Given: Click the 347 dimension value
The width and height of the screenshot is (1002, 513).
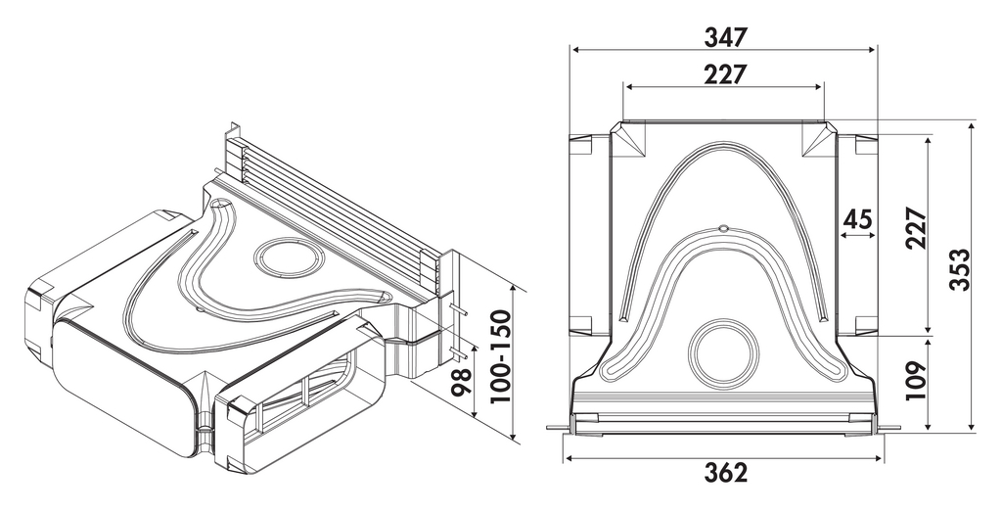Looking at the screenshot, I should coord(725,37).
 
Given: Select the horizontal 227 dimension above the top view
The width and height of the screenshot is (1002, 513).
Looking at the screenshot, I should coord(725,74).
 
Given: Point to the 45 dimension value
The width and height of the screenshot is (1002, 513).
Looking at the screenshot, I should coord(857,219).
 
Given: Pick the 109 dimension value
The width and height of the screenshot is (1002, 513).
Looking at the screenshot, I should coord(916,383).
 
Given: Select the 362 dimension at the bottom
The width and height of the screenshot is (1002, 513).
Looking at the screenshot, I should coord(725,472).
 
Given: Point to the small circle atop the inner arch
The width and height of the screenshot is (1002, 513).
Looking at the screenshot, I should coord(723,229).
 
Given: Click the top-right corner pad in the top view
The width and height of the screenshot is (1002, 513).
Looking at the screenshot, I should coord(818,140).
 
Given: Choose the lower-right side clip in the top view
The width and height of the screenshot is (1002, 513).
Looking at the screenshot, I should coord(865,324).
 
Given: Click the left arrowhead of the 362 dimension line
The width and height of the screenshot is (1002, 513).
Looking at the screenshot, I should coord(569,456).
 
